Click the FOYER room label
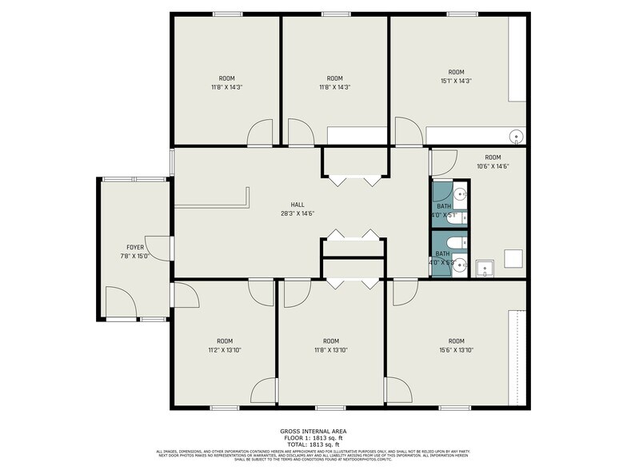click(x=134, y=248)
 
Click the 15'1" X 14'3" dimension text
click(x=456, y=80)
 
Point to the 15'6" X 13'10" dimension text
click(x=456, y=349)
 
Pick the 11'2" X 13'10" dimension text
click(x=225, y=349)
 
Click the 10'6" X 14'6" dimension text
click(x=493, y=166)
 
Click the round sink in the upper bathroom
click(x=460, y=194)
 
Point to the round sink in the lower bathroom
click(x=459, y=268)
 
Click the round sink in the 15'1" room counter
click(x=517, y=135)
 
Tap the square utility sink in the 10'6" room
click(x=484, y=268)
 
